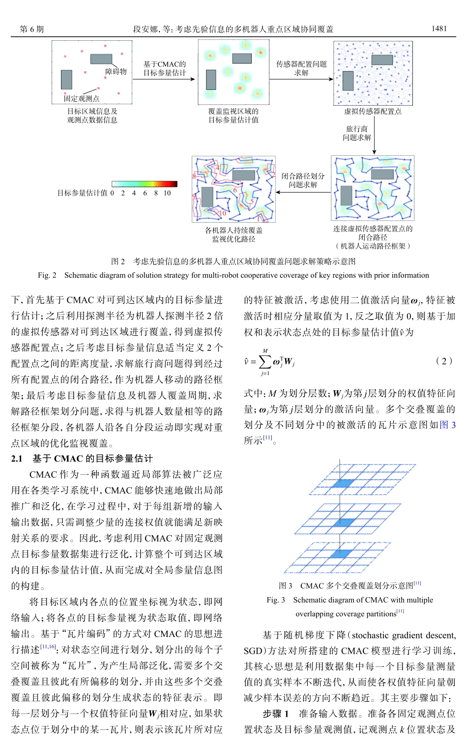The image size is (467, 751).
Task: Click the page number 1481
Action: [439, 29]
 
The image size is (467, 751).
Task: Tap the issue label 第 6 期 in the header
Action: [32, 29]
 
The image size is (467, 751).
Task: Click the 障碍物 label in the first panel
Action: [116, 71]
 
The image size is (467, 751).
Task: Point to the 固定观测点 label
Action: [81, 98]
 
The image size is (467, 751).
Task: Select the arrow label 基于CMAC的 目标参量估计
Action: [165, 69]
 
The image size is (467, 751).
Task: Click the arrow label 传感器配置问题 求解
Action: [301, 68]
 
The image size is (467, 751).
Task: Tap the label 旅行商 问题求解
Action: [357, 133]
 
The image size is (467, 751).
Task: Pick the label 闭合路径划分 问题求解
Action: [303, 180]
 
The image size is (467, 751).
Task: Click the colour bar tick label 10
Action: [167, 193]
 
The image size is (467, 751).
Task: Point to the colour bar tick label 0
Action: [112, 193]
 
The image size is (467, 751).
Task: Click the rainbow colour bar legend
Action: [145, 184]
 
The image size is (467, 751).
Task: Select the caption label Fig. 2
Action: [47, 275]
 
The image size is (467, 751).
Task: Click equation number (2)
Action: [444, 361]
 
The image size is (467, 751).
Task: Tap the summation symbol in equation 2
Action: [265, 362]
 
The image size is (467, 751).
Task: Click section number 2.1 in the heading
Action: [17, 459]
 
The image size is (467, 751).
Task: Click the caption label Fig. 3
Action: [276, 600]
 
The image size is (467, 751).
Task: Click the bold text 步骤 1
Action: [276, 713]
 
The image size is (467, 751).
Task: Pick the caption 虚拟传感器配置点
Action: [373, 112]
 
